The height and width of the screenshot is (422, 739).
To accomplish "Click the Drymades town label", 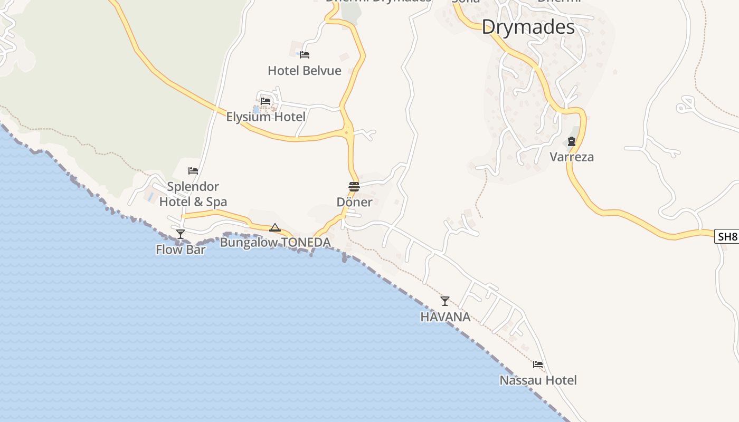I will point(528,27).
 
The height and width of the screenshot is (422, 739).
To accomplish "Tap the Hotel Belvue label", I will point(305,71).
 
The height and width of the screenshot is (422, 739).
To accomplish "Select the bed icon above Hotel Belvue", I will point(305,54).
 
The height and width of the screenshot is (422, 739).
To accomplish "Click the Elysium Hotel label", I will point(266,117).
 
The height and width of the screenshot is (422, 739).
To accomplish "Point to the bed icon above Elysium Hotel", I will point(266,101).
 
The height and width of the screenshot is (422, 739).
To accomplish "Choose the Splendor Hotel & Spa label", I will point(193,194).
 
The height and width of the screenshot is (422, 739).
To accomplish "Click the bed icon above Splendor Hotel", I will point(193,171).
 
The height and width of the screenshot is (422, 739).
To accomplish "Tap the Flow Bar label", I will point(181,250).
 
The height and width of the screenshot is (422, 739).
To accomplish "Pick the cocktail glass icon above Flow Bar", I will point(181,234).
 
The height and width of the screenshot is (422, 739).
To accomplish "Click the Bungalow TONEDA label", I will point(275,243).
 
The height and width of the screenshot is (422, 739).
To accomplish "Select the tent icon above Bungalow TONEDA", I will point(274,227).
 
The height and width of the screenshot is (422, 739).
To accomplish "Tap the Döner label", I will point(354,202).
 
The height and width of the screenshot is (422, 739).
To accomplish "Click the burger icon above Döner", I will point(354,186).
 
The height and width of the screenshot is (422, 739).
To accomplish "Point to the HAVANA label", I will point(445,317).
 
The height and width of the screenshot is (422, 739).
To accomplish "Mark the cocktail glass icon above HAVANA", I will point(445,301).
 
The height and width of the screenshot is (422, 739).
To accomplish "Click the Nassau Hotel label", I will point(538,380).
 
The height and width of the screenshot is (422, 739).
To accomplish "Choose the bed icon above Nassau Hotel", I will point(538,364).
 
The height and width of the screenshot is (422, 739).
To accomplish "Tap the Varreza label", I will point(572,157).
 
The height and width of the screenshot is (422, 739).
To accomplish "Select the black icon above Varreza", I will point(572,141).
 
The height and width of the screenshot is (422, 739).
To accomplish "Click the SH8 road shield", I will point(727,236).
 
